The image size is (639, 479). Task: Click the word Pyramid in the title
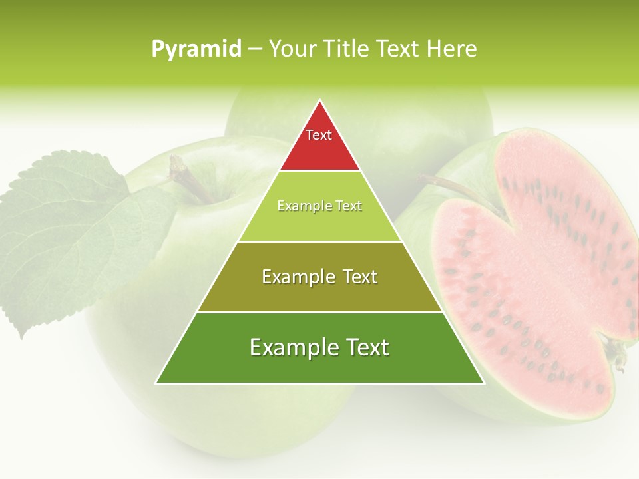[x=196, y=49]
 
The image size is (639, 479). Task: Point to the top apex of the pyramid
[x=319, y=101]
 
